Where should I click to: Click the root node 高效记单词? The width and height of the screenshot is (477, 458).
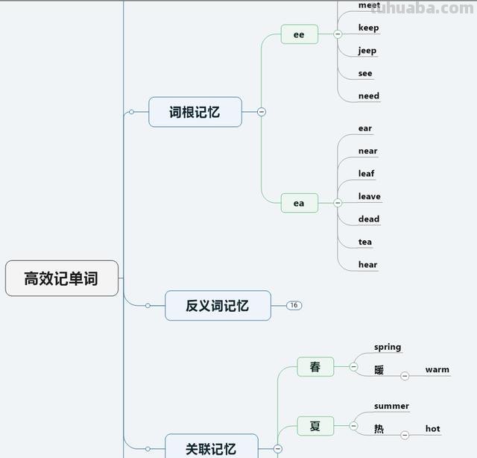pos(61,278)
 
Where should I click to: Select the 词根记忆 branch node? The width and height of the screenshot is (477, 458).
pos(195,112)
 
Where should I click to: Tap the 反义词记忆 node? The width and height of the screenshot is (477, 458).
pos(218,305)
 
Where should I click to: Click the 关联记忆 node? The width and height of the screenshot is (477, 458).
pos(211,448)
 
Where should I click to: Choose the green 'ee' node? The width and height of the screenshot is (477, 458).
pos(299,34)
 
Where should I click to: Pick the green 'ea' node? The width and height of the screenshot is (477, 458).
pos(299,203)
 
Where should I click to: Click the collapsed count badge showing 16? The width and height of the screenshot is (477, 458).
pos(294,305)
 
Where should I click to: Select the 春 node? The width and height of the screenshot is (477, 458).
pos(315,367)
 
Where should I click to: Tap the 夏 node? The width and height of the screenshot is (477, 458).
pos(315,426)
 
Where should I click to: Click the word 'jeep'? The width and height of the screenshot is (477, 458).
pos(367,51)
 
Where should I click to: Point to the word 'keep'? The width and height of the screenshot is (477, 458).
pos(368,28)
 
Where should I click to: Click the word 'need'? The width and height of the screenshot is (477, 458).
pos(368,95)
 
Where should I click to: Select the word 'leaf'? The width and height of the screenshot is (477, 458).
pos(366,174)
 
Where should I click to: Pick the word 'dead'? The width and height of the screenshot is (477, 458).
pos(368,219)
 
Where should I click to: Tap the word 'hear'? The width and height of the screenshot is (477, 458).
pos(367,264)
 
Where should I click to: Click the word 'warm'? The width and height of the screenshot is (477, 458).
pos(437,369)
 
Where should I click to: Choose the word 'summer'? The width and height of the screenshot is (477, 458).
pos(391,407)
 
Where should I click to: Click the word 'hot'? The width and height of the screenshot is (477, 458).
pos(432,429)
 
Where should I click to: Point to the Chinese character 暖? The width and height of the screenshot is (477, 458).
pos(379,369)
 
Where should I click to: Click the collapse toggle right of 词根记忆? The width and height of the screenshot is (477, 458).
pos(262,112)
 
